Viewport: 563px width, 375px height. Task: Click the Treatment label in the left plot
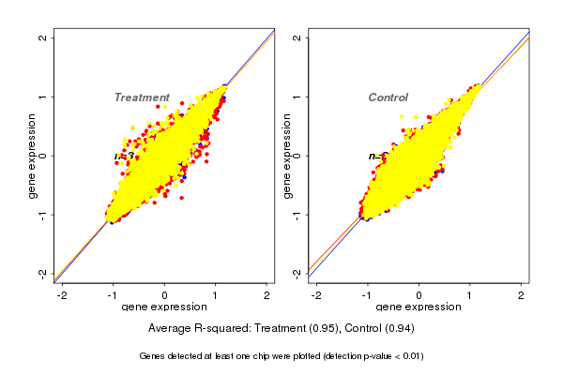click(142, 97)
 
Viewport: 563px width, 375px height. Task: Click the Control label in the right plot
click(388, 97)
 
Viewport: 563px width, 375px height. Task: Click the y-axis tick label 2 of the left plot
click(43, 37)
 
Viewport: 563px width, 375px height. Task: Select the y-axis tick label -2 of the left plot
click(43, 273)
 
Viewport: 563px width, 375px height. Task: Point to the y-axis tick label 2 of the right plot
click(297, 37)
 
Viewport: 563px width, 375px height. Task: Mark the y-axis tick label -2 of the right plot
click(297, 273)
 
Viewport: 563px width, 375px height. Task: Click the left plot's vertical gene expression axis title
click(33, 156)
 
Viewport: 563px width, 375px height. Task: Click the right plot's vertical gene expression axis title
click(286, 156)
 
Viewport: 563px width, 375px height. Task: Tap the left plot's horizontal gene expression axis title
click(165, 307)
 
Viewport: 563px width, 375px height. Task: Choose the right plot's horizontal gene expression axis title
click(418, 307)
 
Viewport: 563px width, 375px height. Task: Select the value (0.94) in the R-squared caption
click(399, 329)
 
